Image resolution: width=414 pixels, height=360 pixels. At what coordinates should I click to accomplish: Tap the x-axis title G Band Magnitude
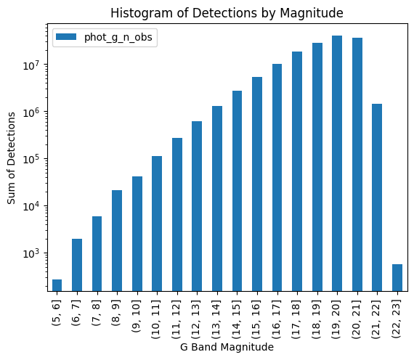226,348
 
